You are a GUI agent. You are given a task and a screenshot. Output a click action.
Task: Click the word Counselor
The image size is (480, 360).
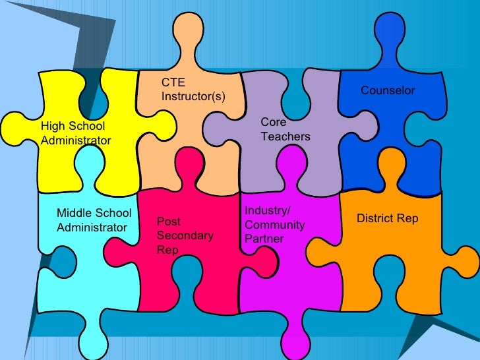coord(388,90)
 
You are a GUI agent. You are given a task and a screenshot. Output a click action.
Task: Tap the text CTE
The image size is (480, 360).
coord(173,83)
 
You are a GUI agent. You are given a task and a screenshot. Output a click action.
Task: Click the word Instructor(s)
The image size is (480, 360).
coord(193,97)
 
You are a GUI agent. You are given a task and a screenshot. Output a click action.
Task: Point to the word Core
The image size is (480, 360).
coord(273,123)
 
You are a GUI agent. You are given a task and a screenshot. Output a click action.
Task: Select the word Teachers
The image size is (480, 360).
coord(285,136)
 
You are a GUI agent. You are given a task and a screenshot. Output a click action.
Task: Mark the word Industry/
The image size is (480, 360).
coord(267,210)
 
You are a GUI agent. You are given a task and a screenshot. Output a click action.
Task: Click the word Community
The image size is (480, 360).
coord(274,225)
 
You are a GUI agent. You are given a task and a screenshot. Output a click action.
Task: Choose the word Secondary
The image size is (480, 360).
coord(185,236)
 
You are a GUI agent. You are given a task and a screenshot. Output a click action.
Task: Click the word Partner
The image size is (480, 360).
coord(264,239)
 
